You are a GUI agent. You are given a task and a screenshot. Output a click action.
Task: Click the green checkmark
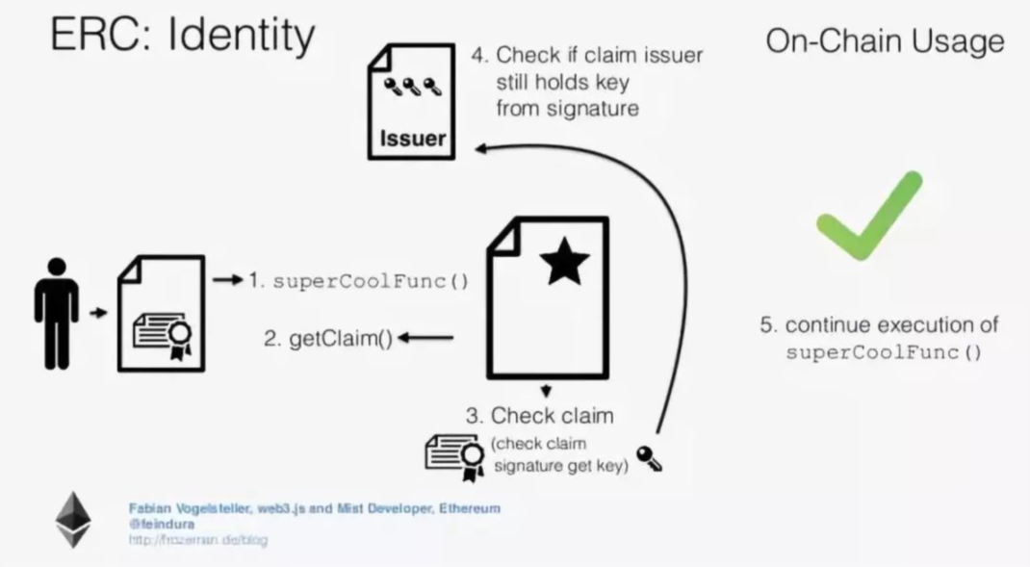(866, 218)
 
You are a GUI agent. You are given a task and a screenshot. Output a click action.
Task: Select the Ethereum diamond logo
(72, 521)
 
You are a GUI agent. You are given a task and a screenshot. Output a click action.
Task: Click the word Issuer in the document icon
(413, 138)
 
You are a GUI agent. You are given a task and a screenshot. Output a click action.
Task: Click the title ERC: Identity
(183, 36)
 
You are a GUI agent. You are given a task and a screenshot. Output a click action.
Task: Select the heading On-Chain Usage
(885, 41)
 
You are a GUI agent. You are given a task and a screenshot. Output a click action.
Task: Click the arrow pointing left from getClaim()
(425, 338)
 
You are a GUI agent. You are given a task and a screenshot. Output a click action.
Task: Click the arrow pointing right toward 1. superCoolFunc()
(226, 280)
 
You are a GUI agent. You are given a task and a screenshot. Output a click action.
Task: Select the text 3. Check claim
(539, 416)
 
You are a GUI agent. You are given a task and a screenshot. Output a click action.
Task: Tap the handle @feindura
(161, 525)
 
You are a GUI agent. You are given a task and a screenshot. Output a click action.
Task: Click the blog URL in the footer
(198, 540)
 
